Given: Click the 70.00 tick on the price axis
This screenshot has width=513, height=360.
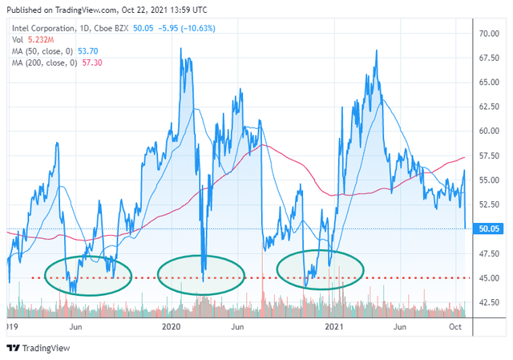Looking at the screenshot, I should click(x=490, y=34).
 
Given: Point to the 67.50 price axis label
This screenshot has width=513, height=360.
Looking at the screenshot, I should click(x=490, y=58).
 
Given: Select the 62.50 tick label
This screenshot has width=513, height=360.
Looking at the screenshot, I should click(x=490, y=107).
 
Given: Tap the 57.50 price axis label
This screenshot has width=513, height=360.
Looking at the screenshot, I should click(x=490, y=156).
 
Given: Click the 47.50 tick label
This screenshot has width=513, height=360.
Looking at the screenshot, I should click(x=490, y=253).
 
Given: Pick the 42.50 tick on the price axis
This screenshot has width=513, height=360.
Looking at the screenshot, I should click(x=490, y=302).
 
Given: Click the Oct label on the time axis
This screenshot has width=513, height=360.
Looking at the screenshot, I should click(x=456, y=327).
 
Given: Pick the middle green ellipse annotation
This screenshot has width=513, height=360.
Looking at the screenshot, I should click(x=200, y=275).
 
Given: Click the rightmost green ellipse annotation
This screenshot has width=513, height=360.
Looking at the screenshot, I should click(x=320, y=270).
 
